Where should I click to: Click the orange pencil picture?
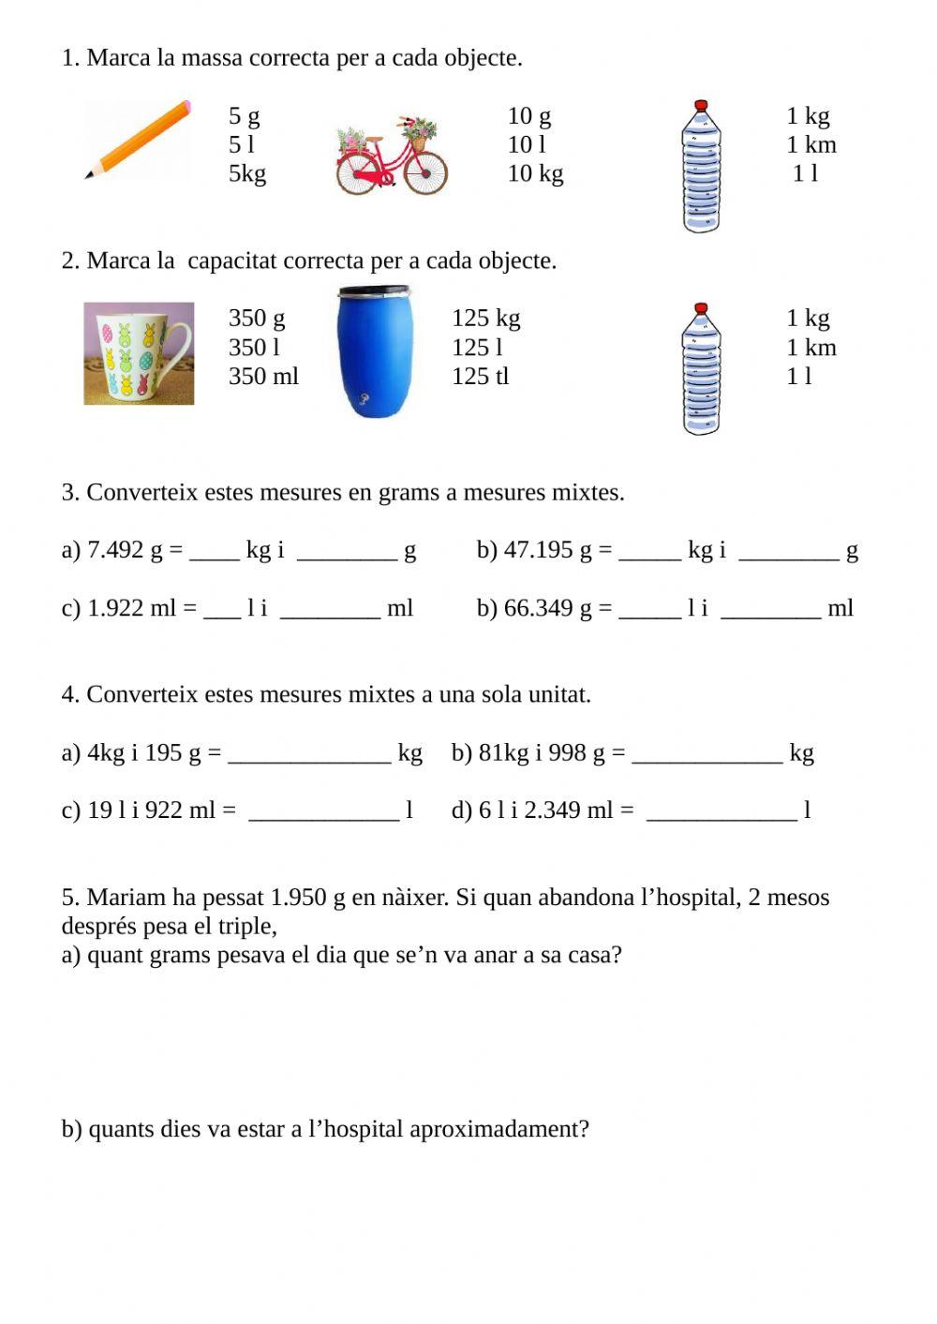139,139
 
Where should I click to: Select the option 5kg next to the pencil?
247,174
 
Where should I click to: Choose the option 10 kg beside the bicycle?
535,174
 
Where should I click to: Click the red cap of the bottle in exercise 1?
701,107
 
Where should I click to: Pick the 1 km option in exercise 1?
811,145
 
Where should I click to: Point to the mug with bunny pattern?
139,353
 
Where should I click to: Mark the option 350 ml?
263,377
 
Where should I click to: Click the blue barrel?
375,351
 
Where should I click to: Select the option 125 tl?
480,377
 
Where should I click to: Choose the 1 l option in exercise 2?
799,377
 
